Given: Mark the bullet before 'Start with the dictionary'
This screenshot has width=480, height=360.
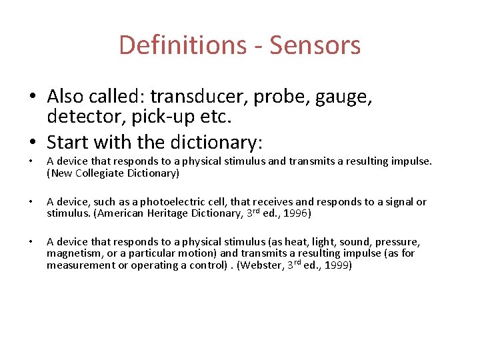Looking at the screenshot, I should pos(33,142).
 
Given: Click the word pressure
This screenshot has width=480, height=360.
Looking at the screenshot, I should pos(398,242).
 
